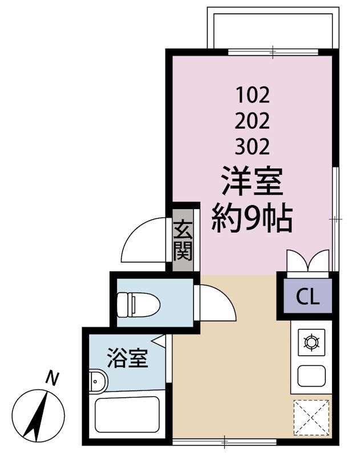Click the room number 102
click(253, 93)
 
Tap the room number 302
click(253, 147)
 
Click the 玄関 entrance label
click(183, 240)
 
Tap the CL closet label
click(307, 296)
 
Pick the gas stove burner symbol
click(311, 342)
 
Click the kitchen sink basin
click(311, 375)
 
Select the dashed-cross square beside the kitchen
click(312, 419)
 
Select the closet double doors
click(308, 261)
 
